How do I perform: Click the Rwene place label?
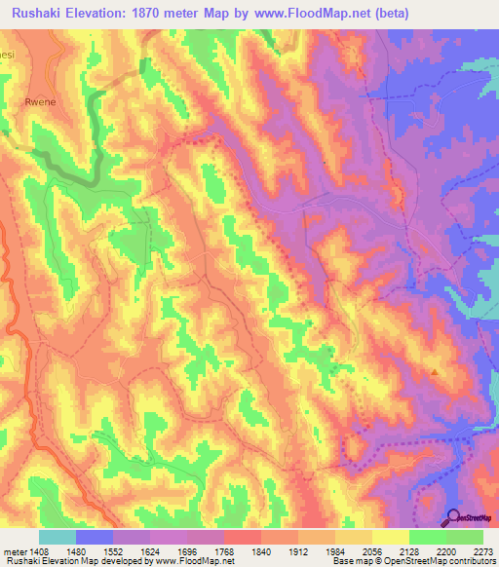pyautogui.click(x=37, y=100)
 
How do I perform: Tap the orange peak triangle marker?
pyautogui.click(x=435, y=370)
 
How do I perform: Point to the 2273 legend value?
pyautogui.click(x=481, y=550)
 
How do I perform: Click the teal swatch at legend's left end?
pyautogui.click(x=57, y=537)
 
